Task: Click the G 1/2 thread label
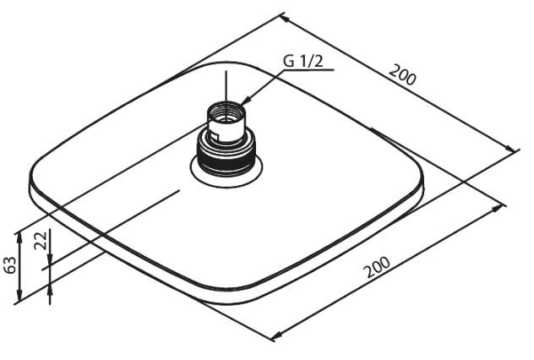coord(302,62)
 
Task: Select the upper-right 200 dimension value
coord(402,75)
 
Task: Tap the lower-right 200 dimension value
coord(376,267)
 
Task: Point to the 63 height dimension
coord(10,265)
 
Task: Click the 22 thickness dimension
coord(41,241)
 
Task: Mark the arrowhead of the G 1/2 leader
coord(245,101)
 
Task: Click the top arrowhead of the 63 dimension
coord(19,238)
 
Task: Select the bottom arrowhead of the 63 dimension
coord(19,295)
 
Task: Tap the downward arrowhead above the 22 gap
coord(50,259)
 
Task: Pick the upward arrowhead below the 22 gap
coord(50,290)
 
